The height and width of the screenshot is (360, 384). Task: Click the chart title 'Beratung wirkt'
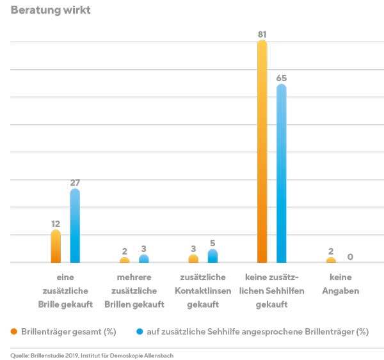click(51, 10)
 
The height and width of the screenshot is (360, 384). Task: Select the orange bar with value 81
click(262, 153)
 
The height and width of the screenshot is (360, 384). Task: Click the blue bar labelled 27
click(75, 226)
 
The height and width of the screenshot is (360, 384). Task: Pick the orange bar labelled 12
click(56, 247)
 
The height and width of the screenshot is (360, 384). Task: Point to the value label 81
click(262, 33)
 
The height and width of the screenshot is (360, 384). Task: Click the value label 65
click(281, 77)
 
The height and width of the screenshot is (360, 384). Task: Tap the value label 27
click(75, 182)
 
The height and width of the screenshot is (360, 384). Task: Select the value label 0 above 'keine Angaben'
click(350, 257)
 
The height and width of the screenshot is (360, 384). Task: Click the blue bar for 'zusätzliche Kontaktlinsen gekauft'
click(212, 256)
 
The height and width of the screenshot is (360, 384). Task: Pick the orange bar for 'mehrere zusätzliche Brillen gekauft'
click(124, 260)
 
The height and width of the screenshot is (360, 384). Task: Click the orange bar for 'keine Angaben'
click(331, 260)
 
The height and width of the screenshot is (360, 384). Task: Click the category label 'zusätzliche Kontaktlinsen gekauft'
click(203, 291)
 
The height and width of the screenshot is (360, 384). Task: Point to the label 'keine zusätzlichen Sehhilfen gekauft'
click(272, 291)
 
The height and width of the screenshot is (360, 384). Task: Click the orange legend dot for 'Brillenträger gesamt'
click(14, 332)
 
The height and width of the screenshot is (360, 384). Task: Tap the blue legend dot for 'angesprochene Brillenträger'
click(140, 332)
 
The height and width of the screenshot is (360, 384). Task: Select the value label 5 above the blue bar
click(212, 242)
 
